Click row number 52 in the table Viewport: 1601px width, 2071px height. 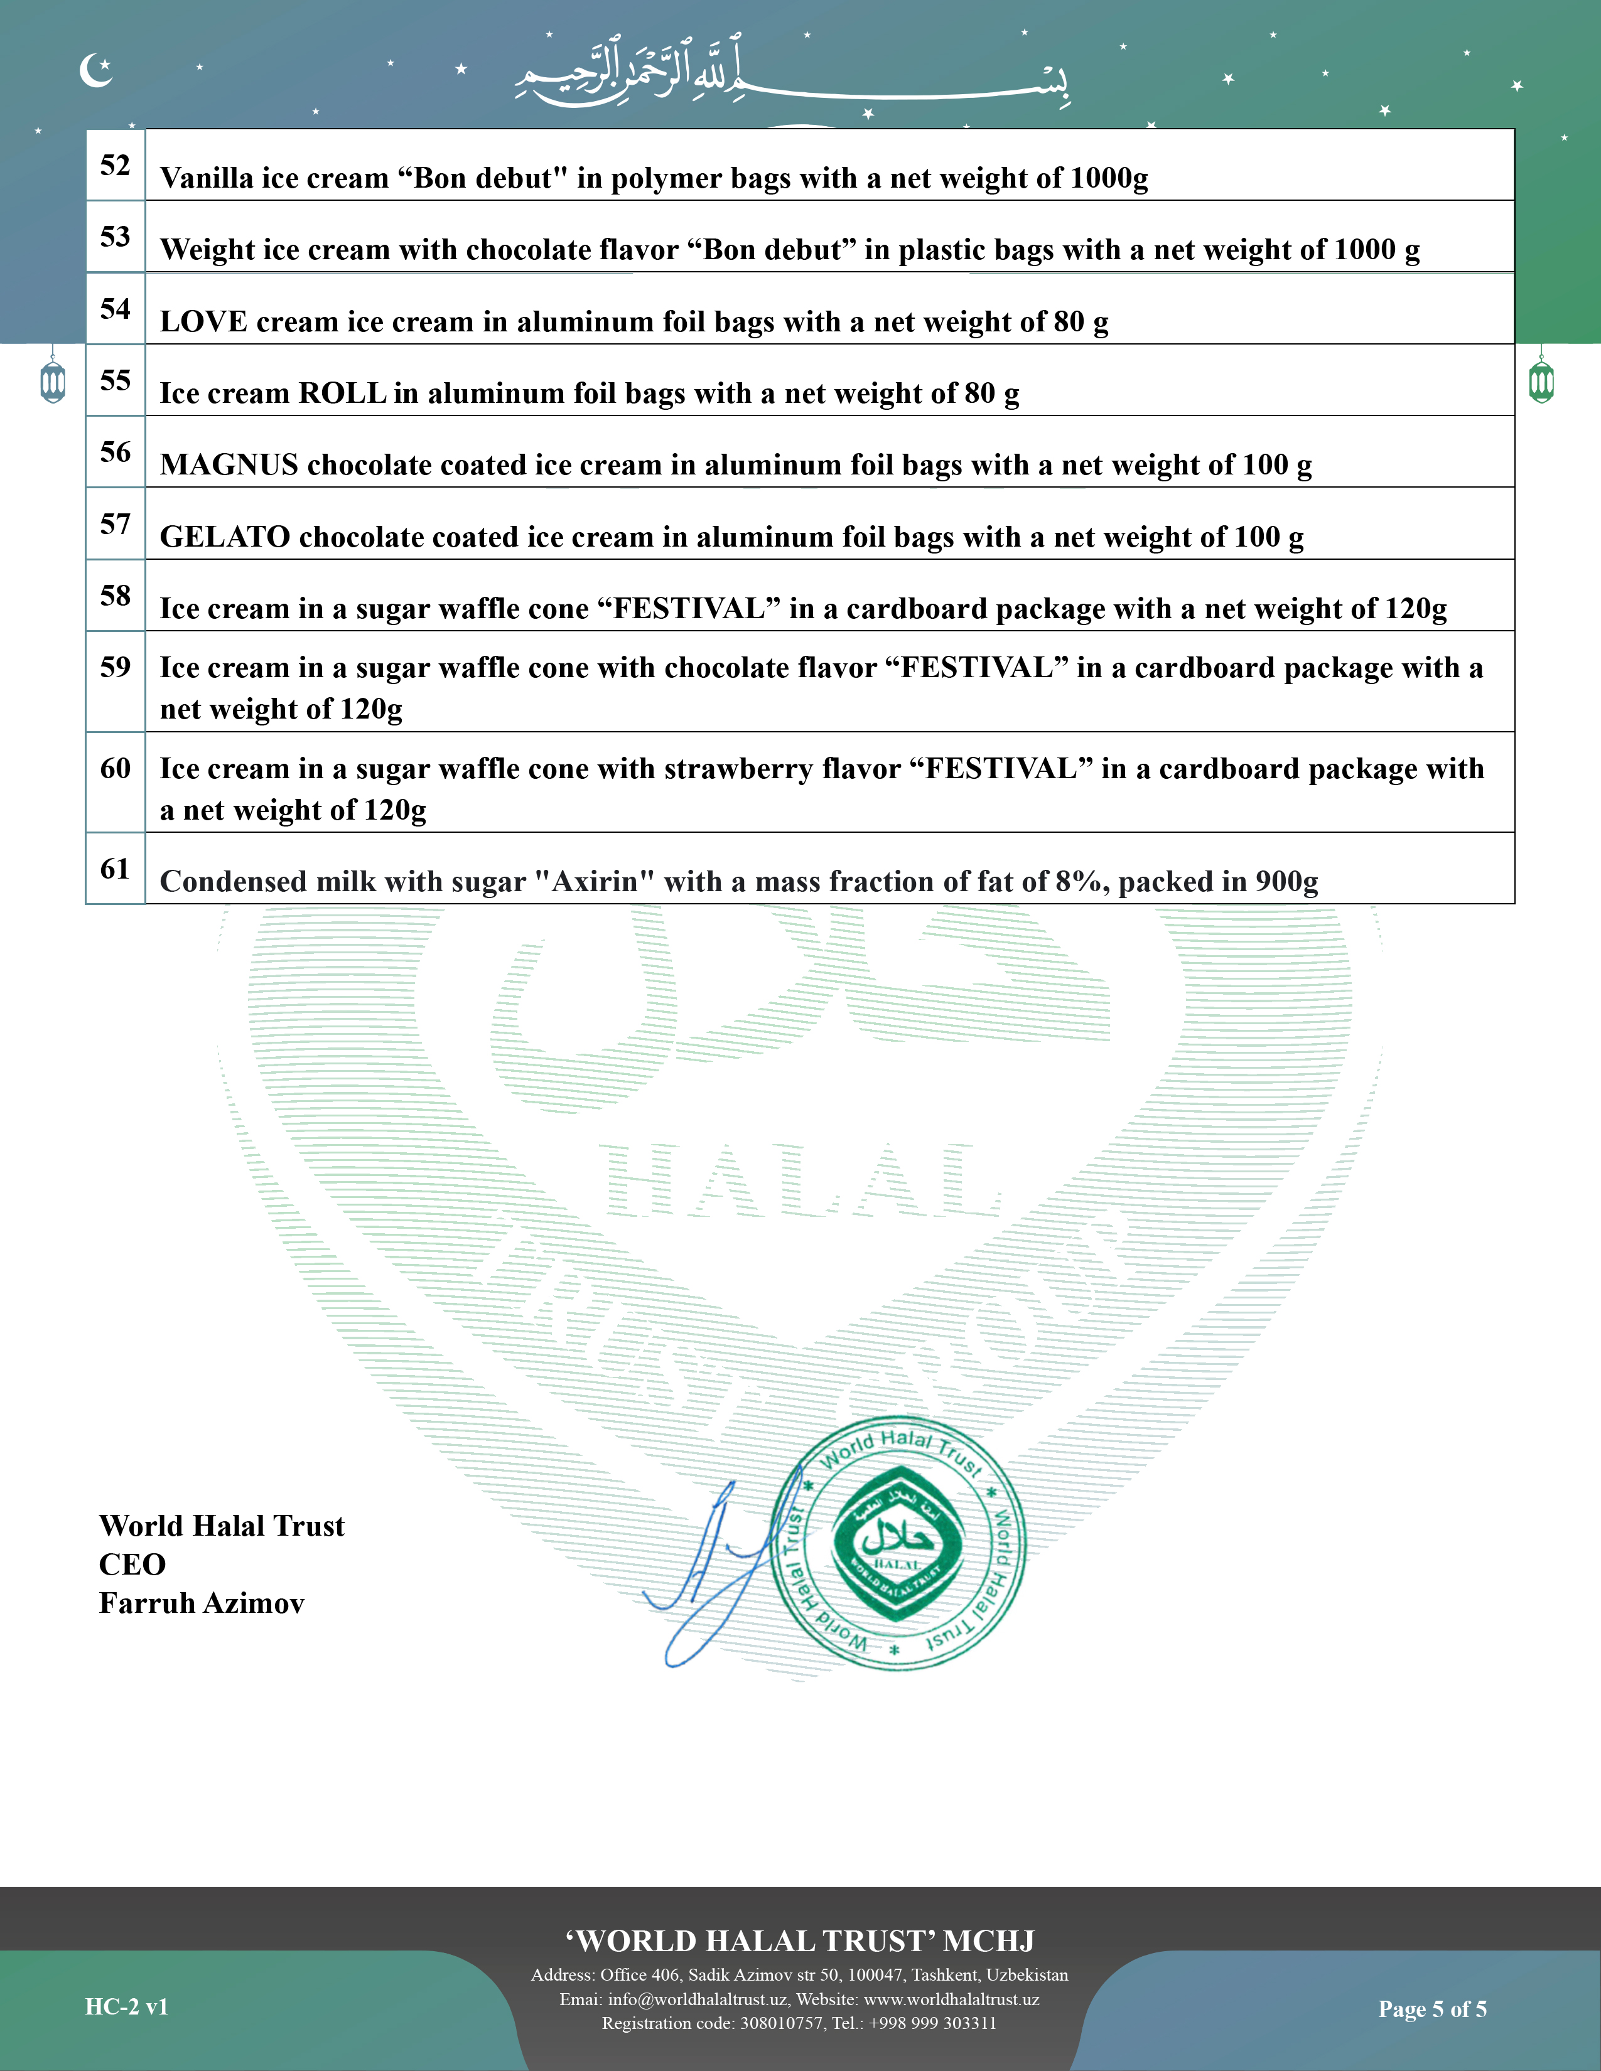click(115, 165)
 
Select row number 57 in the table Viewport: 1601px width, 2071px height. click(115, 523)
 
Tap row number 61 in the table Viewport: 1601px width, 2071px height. click(115, 869)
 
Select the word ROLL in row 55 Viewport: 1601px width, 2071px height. click(342, 393)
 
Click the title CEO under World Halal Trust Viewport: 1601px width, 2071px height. click(132, 1565)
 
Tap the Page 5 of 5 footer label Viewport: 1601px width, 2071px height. click(1432, 2008)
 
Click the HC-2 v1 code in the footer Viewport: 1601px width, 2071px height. click(126, 2006)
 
